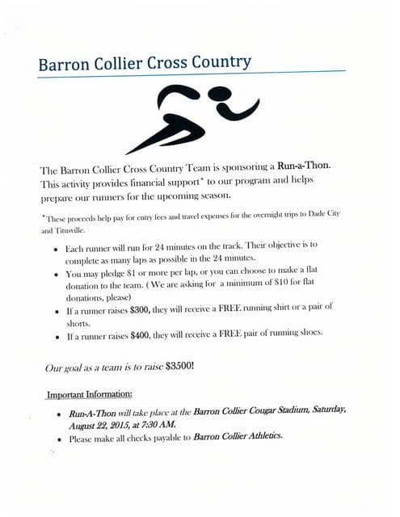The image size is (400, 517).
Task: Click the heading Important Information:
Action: (x=88, y=394)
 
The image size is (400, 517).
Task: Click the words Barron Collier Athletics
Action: (x=240, y=437)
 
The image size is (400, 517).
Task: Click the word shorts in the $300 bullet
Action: (x=79, y=322)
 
